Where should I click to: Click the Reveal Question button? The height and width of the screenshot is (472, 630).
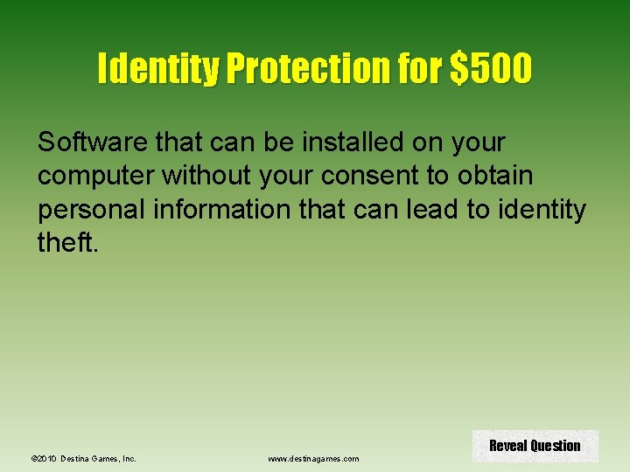(535, 446)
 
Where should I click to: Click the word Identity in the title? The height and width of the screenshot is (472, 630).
(157, 69)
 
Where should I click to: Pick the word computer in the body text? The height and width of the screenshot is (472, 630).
(93, 175)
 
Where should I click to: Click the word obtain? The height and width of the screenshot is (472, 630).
(494, 175)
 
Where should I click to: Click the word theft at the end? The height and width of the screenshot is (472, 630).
(66, 243)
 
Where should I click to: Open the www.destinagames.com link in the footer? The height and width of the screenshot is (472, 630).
(312, 458)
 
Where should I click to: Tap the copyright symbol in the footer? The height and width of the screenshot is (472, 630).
(33, 458)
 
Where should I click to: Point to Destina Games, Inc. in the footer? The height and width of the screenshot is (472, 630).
(99, 458)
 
